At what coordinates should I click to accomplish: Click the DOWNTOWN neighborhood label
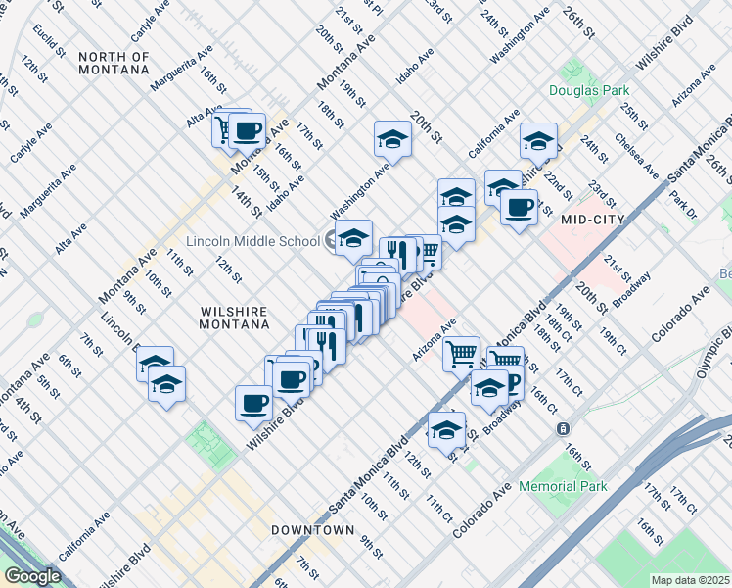click(312, 530)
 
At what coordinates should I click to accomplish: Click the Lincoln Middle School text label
click(252, 241)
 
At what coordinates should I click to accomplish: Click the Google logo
click(32, 576)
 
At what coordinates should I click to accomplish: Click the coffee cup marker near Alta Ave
click(247, 131)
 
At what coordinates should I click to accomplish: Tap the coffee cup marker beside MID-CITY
click(518, 208)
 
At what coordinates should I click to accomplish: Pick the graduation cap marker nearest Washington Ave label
click(392, 138)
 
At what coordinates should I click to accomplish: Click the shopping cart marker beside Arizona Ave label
click(461, 353)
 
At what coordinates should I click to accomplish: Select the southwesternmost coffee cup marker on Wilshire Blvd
click(254, 403)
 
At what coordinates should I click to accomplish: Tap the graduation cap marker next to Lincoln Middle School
click(353, 237)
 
